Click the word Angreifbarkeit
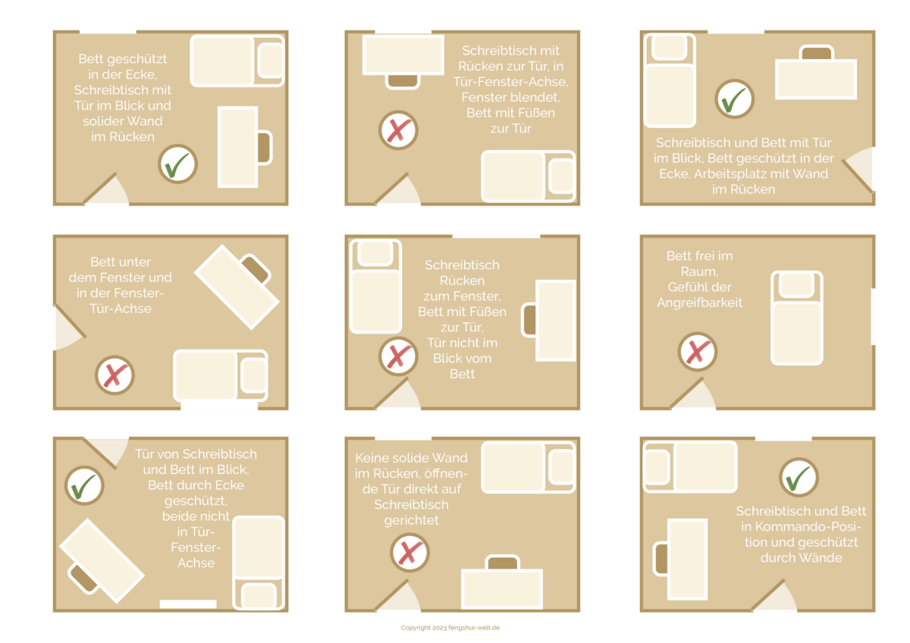(x=699, y=303)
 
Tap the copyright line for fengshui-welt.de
(x=450, y=628)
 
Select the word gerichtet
(x=411, y=521)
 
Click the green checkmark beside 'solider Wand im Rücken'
(x=177, y=164)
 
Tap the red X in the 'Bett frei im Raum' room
(x=698, y=351)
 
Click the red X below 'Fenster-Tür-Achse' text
(x=115, y=375)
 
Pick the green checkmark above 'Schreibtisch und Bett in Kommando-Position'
(x=799, y=477)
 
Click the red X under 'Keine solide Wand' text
(x=409, y=553)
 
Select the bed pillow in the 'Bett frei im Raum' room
(x=796, y=285)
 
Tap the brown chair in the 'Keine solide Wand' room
(x=502, y=563)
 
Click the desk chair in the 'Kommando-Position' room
(x=661, y=559)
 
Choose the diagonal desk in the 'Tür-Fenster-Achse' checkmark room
(x=102, y=561)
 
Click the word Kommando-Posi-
(x=801, y=527)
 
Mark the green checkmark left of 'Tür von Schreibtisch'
(x=84, y=485)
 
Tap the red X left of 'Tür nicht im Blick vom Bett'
(x=398, y=356)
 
